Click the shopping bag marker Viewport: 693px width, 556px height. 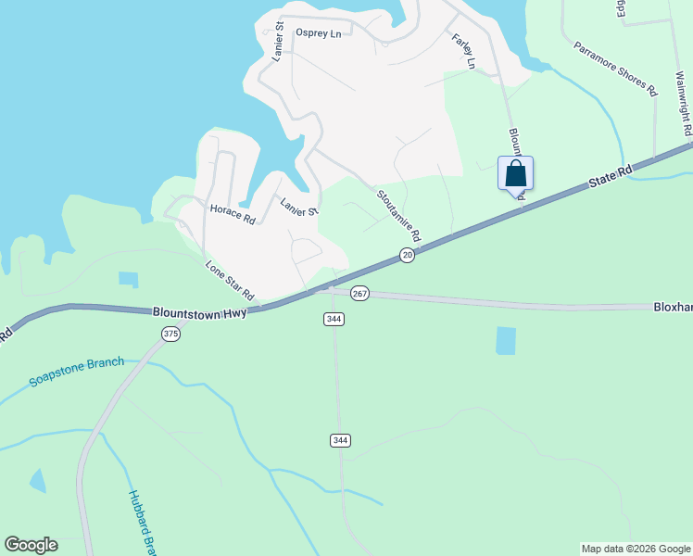515,173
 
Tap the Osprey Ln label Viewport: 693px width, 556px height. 318,33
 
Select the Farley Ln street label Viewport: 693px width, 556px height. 463,51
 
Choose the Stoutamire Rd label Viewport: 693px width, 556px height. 398,216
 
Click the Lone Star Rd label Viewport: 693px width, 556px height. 230,279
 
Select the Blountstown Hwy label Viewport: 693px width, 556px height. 200,314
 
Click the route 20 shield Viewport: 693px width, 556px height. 407,255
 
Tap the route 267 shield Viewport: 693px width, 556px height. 360,293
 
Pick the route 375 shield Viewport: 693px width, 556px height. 170,334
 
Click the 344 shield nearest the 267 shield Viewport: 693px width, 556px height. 334,319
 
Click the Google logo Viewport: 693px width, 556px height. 31,545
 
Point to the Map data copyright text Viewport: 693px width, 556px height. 636,549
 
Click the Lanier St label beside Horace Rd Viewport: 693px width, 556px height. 299,206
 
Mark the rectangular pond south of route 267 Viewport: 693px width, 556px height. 505,340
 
